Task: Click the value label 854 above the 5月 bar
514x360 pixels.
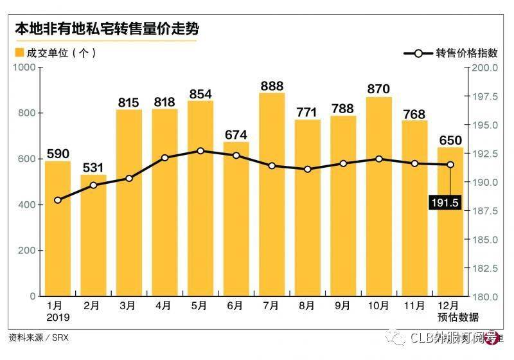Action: (x=200, y=94)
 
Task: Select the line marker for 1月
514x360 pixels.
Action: (x=58, y=200)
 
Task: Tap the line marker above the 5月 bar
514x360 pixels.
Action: (x=200, y=151)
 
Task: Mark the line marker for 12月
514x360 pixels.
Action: (x=450, y=165)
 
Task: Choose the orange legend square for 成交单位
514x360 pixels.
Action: (x=19, y=53)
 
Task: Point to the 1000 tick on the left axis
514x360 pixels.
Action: (x=24, y=67)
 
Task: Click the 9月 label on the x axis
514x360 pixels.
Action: (x=343, y=306)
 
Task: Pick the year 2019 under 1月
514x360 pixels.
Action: (x=58, y=317)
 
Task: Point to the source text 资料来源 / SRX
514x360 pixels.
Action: (x=38, y=337)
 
